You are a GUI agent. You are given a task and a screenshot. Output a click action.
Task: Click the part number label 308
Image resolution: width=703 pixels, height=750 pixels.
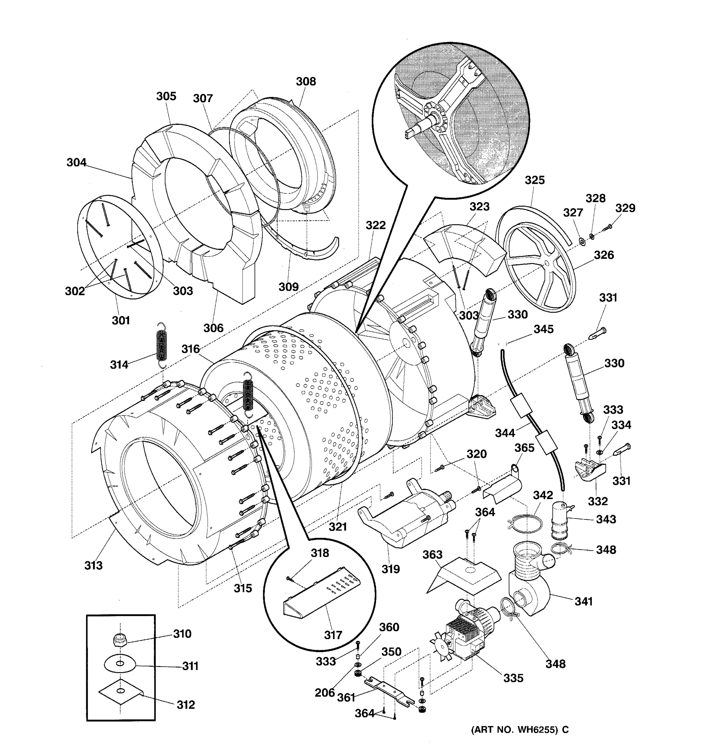pos(306,82)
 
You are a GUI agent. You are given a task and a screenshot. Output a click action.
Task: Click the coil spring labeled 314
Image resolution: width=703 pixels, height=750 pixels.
pos(162,344)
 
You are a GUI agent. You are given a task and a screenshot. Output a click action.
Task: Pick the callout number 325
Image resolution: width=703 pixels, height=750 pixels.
pos(534,180)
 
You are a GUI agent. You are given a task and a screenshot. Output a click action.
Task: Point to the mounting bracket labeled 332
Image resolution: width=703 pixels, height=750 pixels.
pos(589,469)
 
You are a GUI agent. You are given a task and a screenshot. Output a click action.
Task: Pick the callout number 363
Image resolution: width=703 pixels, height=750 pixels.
pos(432,555)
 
